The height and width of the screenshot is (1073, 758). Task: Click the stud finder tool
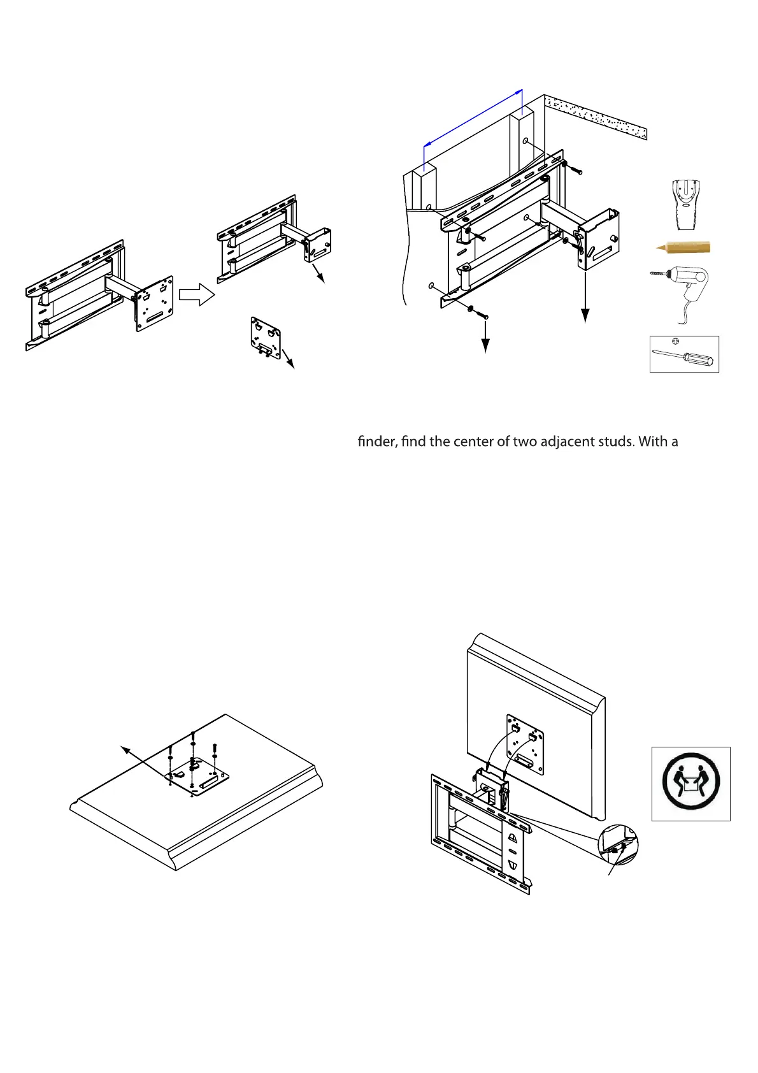pos(685,205)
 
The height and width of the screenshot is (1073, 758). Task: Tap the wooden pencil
pos(684,247)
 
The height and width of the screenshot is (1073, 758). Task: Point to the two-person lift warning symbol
pos(690,783)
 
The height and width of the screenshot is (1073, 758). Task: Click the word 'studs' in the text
pos(614,441)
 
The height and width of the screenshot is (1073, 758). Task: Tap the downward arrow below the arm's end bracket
pos(585,299)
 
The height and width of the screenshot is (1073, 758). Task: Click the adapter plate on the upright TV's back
pos(525,744)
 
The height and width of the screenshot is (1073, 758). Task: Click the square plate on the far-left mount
pos(155,303)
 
